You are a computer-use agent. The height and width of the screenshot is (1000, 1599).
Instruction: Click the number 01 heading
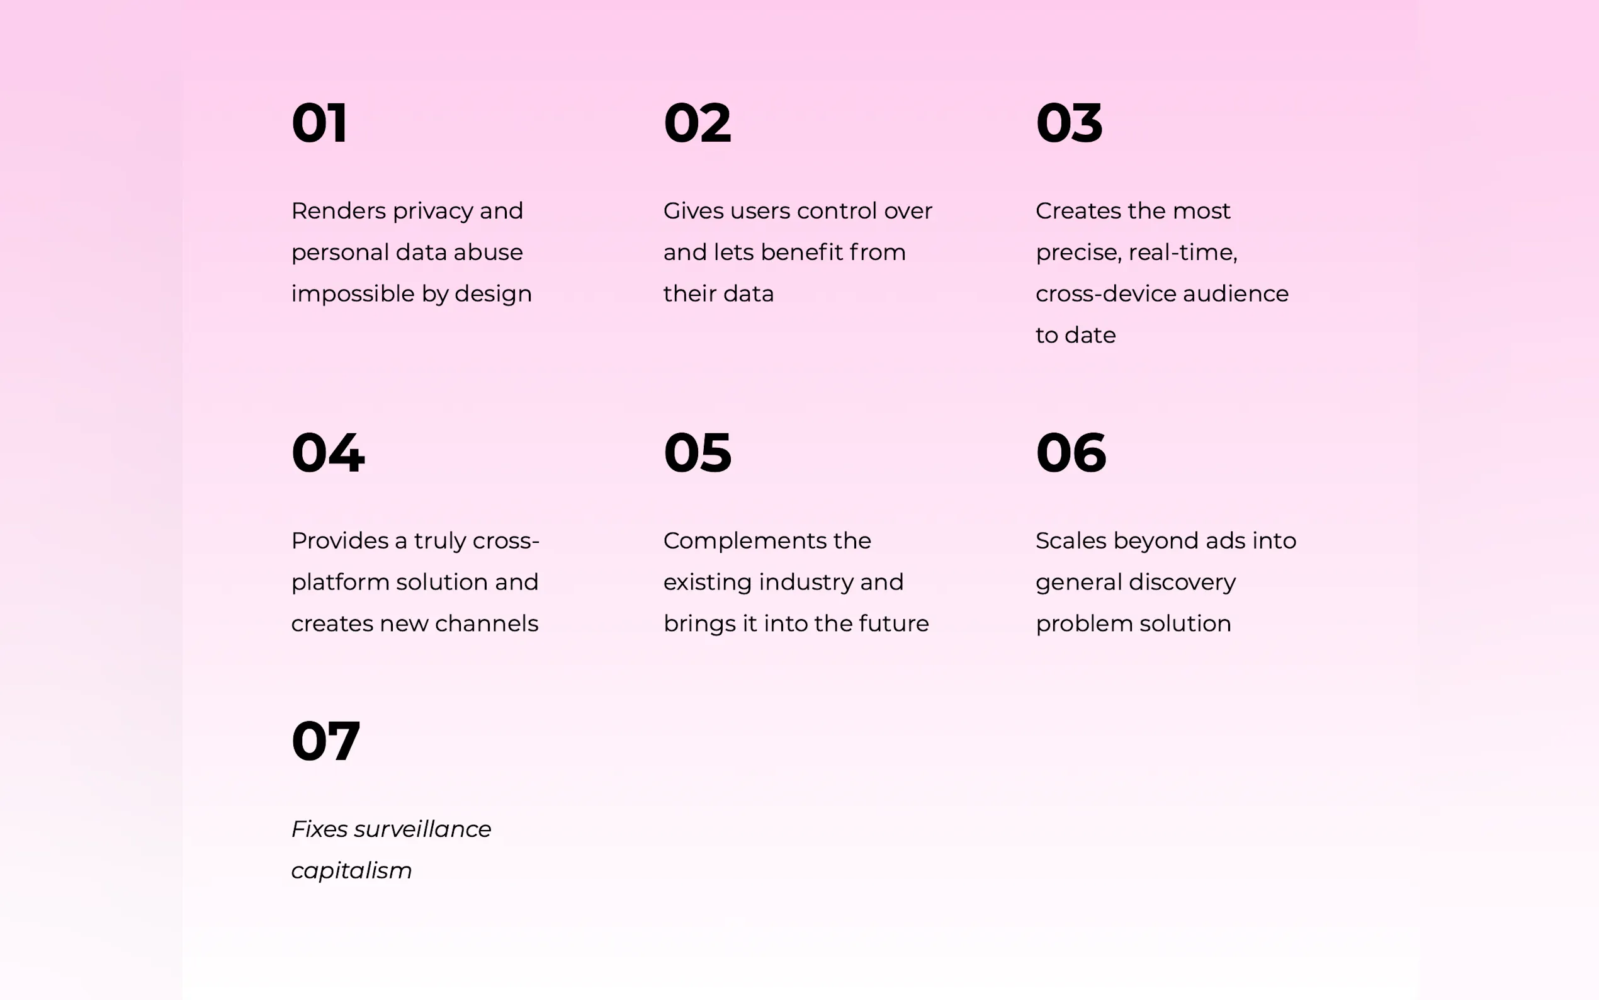319,123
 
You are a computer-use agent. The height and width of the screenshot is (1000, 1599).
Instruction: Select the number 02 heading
698,123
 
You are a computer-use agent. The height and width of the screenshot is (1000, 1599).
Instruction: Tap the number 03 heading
1069,123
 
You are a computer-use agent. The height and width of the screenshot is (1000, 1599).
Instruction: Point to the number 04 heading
328,452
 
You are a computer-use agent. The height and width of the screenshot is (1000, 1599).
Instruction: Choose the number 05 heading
698,452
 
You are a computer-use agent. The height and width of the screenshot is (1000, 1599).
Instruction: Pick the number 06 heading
1071,452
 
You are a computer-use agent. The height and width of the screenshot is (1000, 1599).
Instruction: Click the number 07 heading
326,741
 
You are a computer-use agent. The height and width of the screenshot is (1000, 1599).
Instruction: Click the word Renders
339,211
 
